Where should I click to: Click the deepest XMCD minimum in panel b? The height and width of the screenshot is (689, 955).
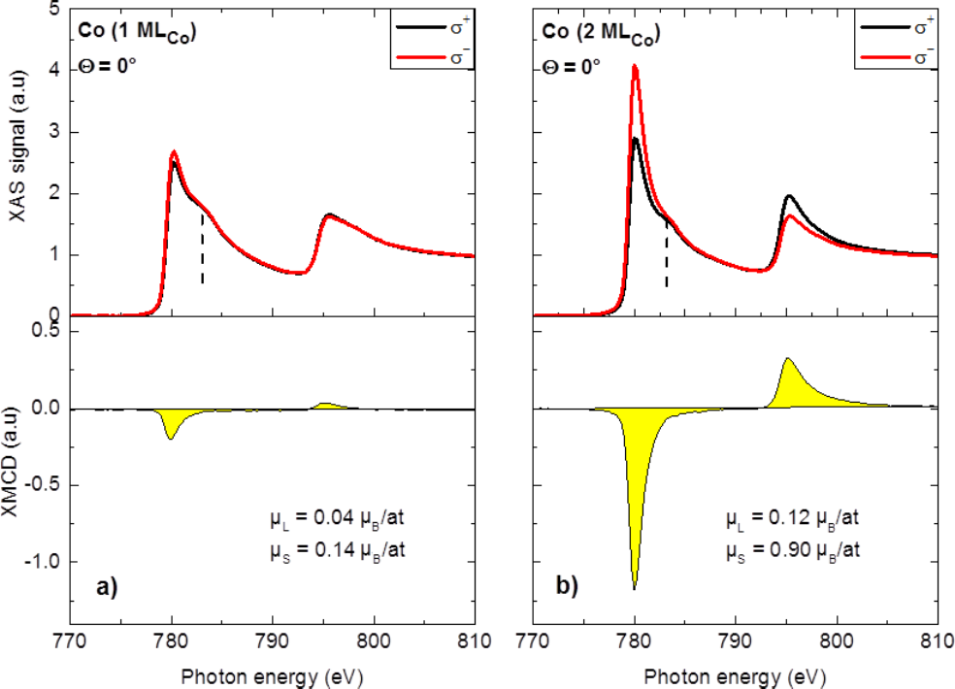pyautogui.click(x=634, y=588)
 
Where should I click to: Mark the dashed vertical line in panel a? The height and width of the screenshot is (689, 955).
pyautogui.click(x=202, y=247)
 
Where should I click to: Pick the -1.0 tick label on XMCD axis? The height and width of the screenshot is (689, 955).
pyautogui.click(x=43, y=562)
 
